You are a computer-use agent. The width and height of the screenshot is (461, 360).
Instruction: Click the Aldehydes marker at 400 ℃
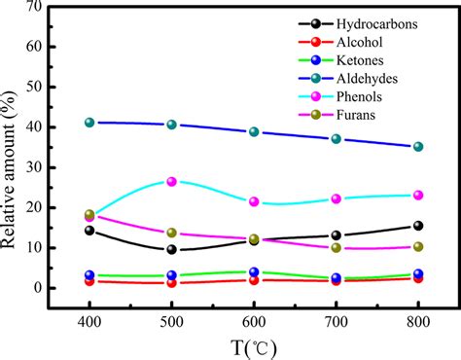tap(89, 123)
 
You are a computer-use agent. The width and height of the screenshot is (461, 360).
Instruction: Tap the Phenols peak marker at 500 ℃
tap(172, 181)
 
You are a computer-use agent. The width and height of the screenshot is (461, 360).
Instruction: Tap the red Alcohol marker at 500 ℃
tap(172, 282)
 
